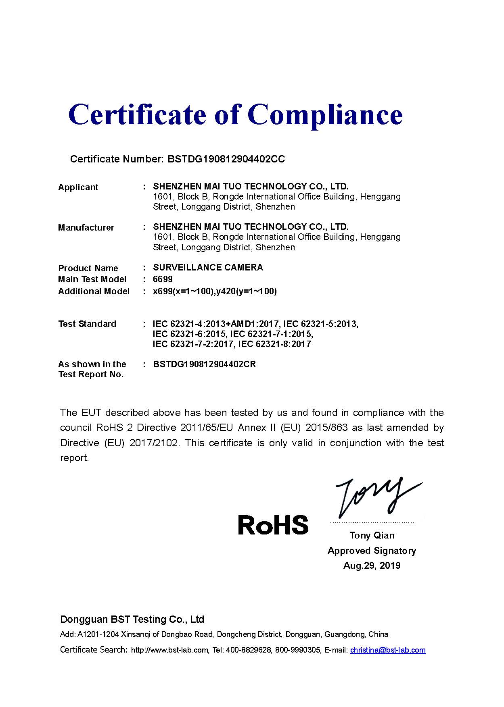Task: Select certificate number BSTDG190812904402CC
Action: tap(226, 159)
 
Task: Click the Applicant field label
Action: tap(78, 187)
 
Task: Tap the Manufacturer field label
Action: tap(86, 227)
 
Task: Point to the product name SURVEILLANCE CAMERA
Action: tap(208, 268)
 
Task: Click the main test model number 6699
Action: tap(163, 279)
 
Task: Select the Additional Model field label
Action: tap(94, 291)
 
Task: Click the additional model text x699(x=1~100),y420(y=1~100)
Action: tap(215, 291)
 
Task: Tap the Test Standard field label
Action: tap(87, 324)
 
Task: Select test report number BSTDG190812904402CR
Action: tap(204, 364)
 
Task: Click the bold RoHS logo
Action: tap(273, 525)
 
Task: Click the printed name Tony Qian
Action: tap(372, 535)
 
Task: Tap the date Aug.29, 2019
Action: tap(372, 566)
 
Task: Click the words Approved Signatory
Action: tap(372, 551)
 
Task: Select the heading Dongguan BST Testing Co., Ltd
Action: tap(132, 619)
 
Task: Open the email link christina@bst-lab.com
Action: tap(387, 650)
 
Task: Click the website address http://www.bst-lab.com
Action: tap(170, 650)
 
